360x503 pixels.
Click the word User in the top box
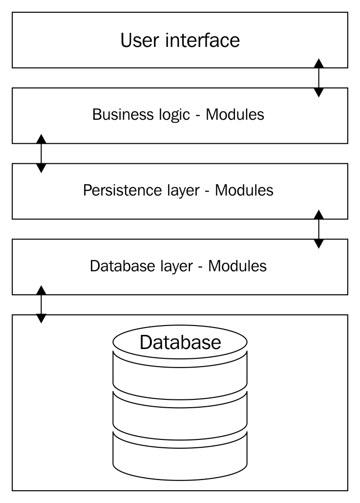click(140, 40)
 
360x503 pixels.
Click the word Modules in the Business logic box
click(235, 115)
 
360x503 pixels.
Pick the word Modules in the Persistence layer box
click(244, 191)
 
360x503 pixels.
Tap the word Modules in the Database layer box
click(237, 266)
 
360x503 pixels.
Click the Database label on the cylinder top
click(180, 342)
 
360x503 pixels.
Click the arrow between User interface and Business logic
click(318, 78)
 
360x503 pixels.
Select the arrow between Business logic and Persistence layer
click(42, 153)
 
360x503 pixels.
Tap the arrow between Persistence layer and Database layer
click(318, 229)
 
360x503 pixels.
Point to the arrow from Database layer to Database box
click(42, 304)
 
